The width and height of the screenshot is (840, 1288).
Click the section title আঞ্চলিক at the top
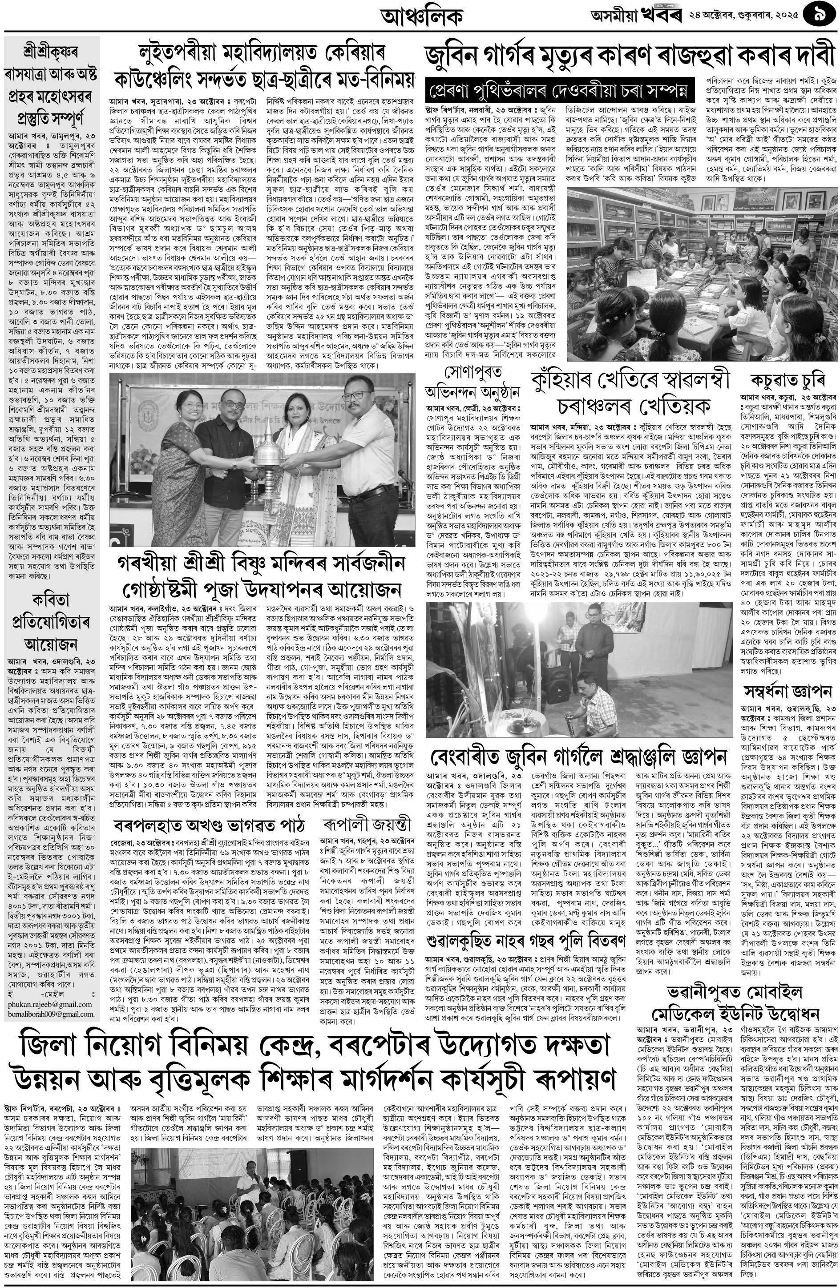422,17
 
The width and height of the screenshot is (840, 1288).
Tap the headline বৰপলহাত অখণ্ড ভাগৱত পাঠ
210,825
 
